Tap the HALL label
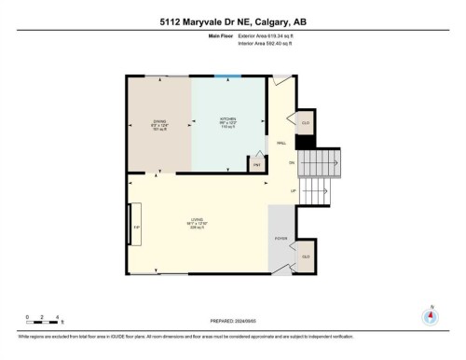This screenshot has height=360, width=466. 281,143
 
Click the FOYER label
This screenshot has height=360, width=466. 280,238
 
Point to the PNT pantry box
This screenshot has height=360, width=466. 257,164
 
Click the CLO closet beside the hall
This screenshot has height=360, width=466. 305,123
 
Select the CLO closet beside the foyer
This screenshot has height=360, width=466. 305,256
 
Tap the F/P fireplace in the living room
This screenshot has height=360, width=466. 136,225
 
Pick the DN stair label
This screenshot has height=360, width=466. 291,164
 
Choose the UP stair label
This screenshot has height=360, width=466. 293,191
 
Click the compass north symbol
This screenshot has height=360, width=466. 430,314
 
